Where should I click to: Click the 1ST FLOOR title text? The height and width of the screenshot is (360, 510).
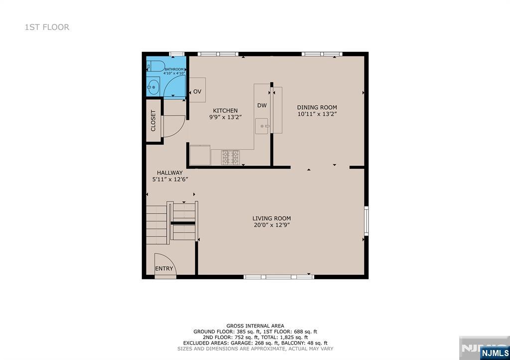click(x=47, y=27)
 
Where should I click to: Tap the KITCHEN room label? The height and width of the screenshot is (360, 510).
click(x=225, y=111)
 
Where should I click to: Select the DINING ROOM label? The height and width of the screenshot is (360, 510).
click(x=317, y=108)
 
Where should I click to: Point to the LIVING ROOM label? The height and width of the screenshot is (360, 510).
click(x=271, y=219)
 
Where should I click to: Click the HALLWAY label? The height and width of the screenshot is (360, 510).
click(x=170, y=173)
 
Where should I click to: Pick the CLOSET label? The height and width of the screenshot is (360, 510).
click(x=153, y=120)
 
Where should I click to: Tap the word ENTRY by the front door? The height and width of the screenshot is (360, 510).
click(x=164, y=268)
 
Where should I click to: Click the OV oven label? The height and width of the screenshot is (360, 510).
click(x=197, y=92)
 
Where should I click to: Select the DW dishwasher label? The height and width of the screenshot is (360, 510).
click(x=262, y=106)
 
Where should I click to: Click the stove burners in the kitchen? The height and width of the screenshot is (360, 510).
click(x=230, y=157)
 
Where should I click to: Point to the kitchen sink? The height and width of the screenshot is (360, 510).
click(x=262, y=126)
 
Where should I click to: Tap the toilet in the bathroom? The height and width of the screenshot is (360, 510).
click(x=155, y=66)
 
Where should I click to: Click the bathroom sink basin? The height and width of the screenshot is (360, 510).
click(x=153, y=87)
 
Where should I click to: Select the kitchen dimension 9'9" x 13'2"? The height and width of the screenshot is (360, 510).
click(x=226, y=118)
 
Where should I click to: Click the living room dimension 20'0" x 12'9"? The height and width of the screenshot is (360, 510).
click(x=271, y=225)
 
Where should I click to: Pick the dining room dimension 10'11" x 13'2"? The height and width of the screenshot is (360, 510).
click(x=317, y=114)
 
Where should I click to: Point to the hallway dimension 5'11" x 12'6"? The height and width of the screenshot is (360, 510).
click(x=170, y=179)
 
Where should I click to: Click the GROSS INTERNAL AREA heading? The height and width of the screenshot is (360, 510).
click(x=255, y=326)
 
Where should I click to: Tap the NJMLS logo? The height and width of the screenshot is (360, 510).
click(x=495, y=353)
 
